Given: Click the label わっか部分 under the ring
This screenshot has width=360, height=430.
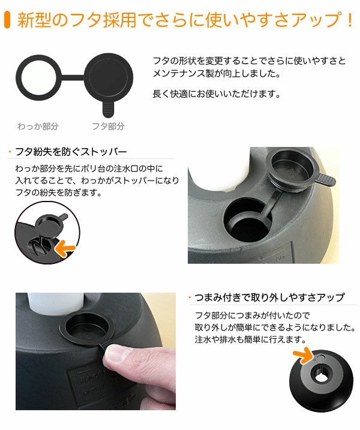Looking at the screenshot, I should point(38,127).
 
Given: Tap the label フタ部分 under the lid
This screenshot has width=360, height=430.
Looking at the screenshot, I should point(108,127).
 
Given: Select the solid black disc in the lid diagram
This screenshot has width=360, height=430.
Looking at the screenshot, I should point(108,76).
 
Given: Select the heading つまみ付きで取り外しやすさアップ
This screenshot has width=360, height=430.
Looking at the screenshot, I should point(270,297).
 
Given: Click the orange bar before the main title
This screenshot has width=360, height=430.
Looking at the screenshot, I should point(7,20).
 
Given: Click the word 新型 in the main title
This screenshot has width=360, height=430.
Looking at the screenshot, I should point(32,20).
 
